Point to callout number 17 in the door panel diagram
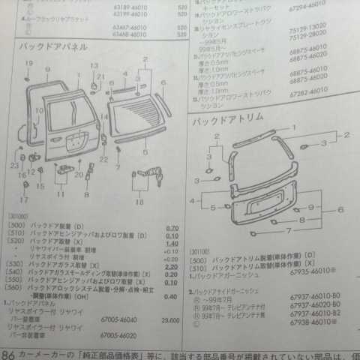[x=25, y=200]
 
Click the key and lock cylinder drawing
[x=146, y=178]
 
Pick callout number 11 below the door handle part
[x=60, y=194]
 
